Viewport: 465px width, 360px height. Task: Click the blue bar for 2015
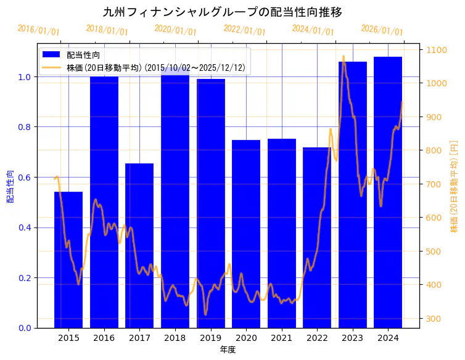68,260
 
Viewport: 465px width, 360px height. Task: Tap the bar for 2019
210,203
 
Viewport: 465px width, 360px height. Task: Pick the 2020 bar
246,234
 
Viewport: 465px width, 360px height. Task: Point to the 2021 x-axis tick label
281,338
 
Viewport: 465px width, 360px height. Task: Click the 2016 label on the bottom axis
104,338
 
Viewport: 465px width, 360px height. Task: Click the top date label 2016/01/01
39,30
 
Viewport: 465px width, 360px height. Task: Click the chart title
223,12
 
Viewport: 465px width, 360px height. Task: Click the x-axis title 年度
228,350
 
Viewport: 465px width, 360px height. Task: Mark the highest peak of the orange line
344,57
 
